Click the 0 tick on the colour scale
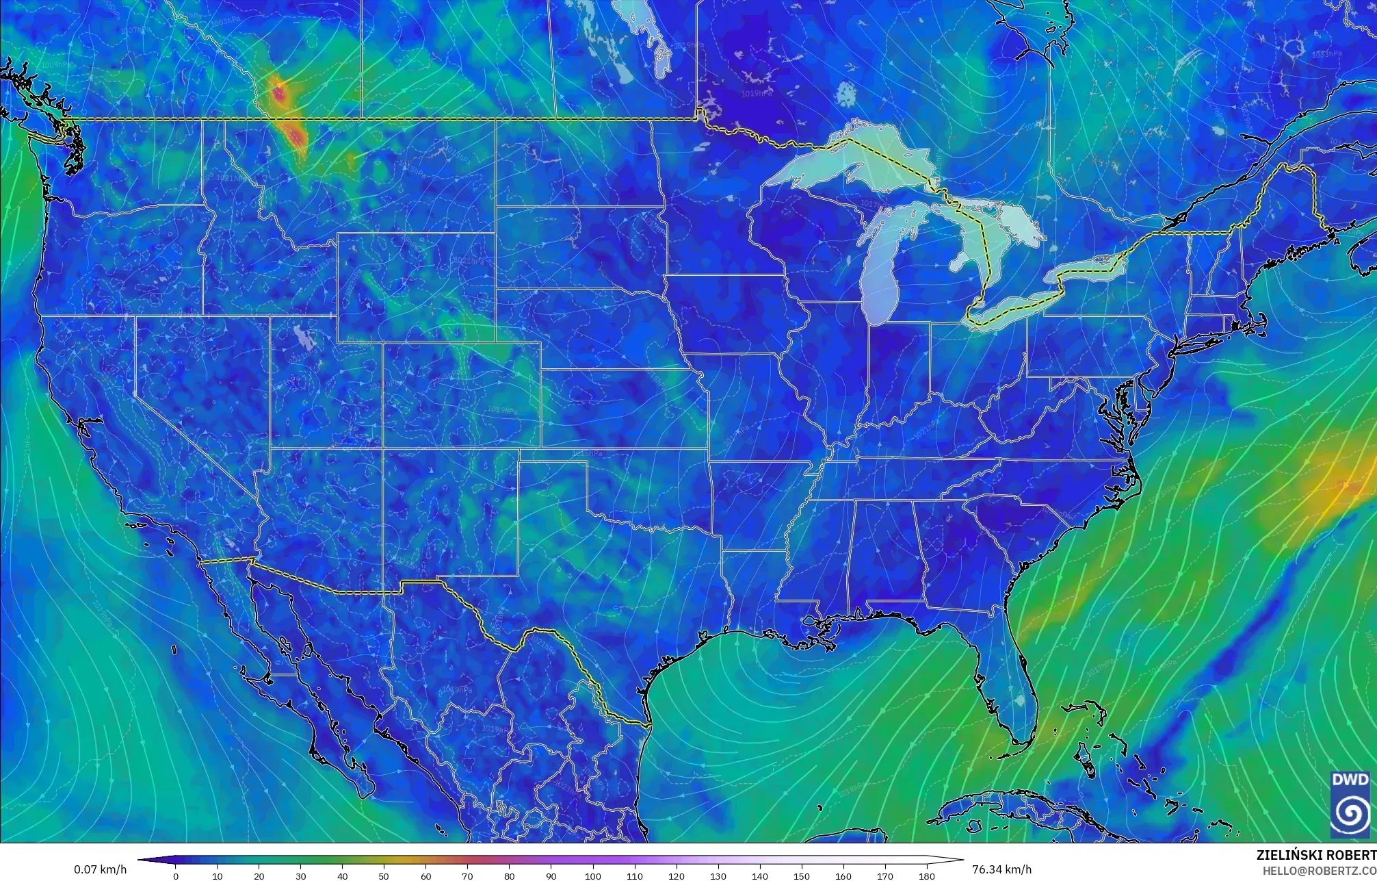click(x=176, y=876)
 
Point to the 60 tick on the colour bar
click(x=426, y=876)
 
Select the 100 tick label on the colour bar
click(x=593, y=876)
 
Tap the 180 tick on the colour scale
click(x=927, y=876)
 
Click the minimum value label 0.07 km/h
click(x=100, y=869)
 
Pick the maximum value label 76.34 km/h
click(x=1001, y=869)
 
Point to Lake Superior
click(x=848, y=161)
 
